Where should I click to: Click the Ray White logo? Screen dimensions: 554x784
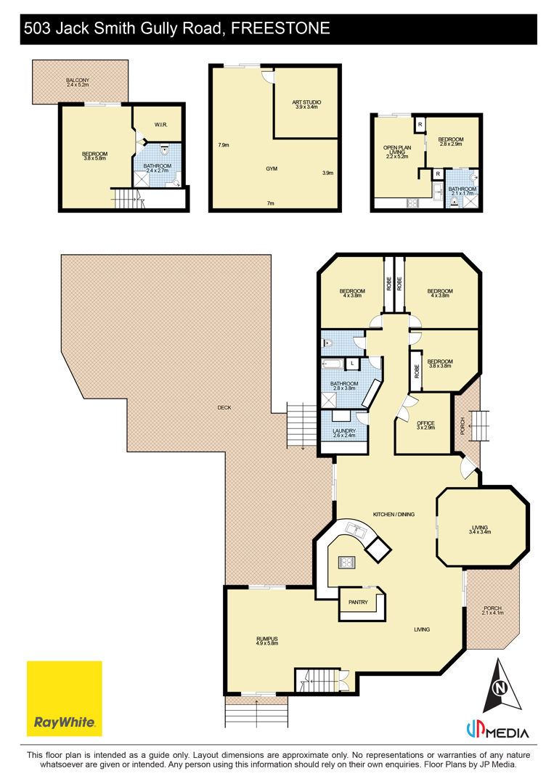(x=64, y=698)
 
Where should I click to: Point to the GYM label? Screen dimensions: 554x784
(x=272, y=169)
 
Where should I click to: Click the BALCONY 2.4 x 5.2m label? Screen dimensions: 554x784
(x=78, y=83)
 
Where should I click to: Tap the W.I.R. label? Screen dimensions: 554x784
(x=161, y=125)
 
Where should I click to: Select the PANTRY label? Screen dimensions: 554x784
(x=358, y=602)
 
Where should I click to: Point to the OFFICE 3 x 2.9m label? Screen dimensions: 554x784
(x=426, y=425)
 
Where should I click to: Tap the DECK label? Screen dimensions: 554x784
(x=224, y=407)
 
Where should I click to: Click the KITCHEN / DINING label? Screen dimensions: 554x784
(x=394, y=514)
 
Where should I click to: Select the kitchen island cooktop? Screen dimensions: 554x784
(x=347, y=562)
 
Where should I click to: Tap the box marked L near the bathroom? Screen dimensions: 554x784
(x=352, y=364)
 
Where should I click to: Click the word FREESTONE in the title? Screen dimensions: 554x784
(x=280, y=28)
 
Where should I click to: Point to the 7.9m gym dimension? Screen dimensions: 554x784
(x=224, y=145)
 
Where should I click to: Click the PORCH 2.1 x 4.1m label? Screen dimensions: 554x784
(x=492, y=611)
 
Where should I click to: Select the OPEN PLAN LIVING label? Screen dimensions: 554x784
(x=397, y=152)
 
